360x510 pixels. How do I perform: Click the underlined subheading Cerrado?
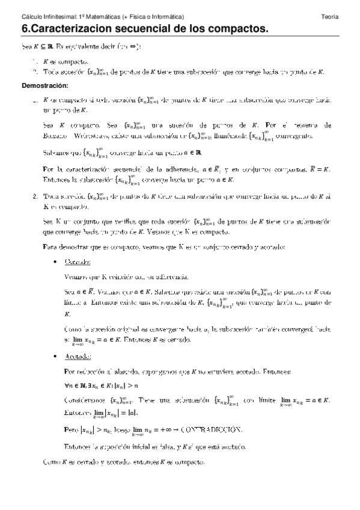click(78, 262)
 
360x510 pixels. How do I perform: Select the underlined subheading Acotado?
click(78, 357)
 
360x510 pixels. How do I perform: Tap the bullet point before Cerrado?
click(55, 262)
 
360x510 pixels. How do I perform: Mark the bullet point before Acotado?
click(55, 357)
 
